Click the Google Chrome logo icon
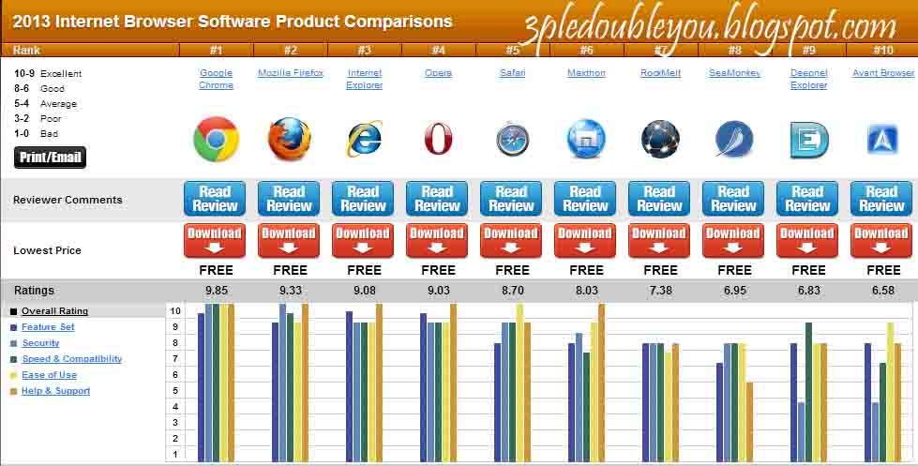pos(216,139)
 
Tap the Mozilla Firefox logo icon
pos(290,139)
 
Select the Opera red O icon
pos(438,139)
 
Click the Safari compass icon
pos(512,140)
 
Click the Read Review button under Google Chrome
pos(215,199)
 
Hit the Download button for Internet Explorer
pos(363,240)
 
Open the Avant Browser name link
pos(882,72)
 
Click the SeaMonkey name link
pos(734,72)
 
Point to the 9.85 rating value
pos(216,291)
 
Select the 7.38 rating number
pos(660,291)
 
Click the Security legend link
pos(40,343)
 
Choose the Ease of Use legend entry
pos(49,375)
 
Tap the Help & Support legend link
pos(55,391)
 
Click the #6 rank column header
pos(586,50)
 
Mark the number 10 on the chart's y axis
pos(175,310)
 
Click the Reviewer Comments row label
pos(68,200)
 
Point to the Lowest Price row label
pos(47,250)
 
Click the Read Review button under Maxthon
pos(585,199)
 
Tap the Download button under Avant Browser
pos(881,240)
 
